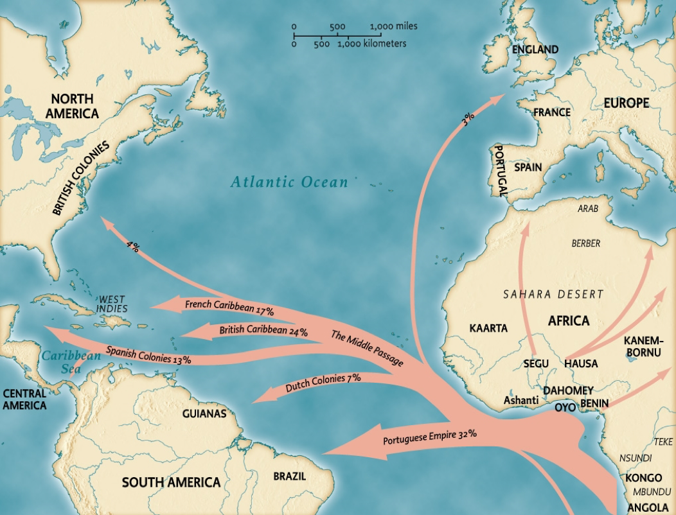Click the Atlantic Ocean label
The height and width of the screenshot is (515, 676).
pos(289,182)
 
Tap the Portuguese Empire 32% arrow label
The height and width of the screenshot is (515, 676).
pos(429,438)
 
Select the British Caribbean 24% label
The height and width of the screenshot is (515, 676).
pos(263,331)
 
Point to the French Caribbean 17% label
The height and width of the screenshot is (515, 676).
pos(229,307)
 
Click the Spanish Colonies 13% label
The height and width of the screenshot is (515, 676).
pos(148,355)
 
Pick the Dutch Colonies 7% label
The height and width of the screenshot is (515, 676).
pos(323,383)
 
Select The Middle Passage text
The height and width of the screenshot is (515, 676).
pos(367,348)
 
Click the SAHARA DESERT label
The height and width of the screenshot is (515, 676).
pos(553,294)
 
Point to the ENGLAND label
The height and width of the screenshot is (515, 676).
pos(535,49)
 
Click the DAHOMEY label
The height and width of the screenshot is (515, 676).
pos(567,390)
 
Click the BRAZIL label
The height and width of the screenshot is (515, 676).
pos(289,476)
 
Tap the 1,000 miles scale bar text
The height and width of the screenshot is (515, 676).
pos(393,26)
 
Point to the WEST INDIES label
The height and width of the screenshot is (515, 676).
pos(112,304)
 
